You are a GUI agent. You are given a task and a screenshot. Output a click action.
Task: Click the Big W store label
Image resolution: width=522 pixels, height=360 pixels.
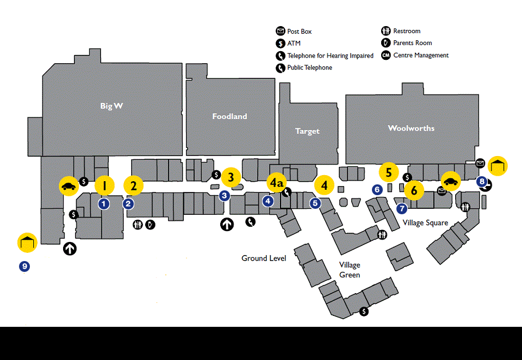point(111,106)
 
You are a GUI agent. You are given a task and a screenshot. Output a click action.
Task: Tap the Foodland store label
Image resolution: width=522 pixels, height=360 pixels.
point(229,116)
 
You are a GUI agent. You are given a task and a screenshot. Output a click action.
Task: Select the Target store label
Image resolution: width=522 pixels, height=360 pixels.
point(307,131)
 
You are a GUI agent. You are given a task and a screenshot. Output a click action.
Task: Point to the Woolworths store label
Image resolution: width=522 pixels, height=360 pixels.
point(411,128)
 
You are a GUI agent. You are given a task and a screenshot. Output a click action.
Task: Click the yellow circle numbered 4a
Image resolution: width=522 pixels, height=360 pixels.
point(277,183)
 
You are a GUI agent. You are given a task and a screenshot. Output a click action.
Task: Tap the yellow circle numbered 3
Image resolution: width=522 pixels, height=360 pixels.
point(231,177)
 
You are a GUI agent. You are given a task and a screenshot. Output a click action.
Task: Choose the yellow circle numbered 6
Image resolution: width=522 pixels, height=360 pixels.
point(414,190)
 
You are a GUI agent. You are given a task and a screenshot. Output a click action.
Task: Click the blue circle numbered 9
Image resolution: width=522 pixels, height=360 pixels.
point(24,266)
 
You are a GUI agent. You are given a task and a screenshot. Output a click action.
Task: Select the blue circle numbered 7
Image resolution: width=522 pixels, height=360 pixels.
point(402,209)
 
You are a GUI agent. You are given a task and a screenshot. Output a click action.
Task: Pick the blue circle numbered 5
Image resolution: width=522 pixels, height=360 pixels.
point(315,203)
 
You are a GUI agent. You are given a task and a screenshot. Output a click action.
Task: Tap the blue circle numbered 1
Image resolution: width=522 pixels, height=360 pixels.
point(103,204)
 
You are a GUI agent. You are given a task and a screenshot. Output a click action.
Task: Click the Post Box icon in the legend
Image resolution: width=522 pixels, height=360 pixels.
point(281,32)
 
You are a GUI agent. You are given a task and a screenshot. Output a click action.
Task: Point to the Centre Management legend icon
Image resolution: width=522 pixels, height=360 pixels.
point(386,55)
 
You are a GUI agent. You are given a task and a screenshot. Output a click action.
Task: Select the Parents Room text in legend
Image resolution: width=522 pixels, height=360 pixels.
point(413,43)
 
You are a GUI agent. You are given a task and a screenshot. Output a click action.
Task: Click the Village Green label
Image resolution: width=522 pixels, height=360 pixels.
point(350,270)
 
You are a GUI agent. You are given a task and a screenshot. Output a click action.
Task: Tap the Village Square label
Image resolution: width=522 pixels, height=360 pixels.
point(425,223)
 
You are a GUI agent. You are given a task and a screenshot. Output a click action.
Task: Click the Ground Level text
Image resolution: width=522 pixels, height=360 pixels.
point(264,258)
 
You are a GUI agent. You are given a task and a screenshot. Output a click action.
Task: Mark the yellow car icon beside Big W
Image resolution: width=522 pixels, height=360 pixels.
point(69,186)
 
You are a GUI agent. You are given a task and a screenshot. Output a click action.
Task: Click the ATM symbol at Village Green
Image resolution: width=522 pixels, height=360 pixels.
point(364,312)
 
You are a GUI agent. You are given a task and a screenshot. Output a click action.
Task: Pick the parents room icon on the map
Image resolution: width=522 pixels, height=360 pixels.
point(150,225)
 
